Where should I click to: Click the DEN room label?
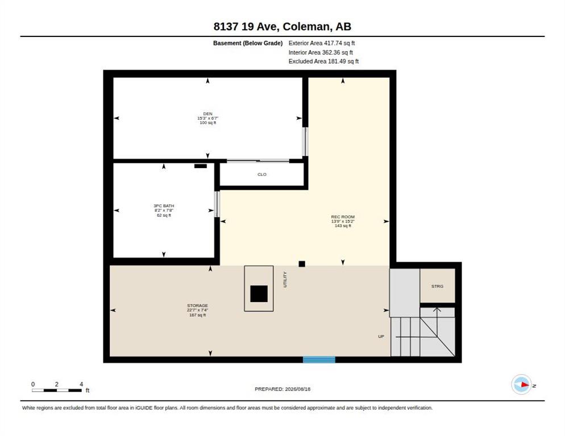point(207,114)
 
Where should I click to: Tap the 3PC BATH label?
point(164,206)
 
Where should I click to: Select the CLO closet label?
point(262,174)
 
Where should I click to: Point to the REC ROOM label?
point(343,217)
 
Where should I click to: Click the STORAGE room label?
point(197,305)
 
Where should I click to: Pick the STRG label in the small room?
point(438,286)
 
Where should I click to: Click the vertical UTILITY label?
point(285,279)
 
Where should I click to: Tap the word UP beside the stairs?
point(381,336)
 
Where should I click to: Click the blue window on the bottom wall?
point(319,359)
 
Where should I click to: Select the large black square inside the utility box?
point(259,294)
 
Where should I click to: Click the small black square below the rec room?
point(302,264)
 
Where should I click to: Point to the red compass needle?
point(525,385)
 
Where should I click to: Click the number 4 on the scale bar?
point(81,384)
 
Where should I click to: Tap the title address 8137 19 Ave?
point(245,26)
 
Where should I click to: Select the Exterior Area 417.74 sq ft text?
point(322,43)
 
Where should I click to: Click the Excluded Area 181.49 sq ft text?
point(323,61)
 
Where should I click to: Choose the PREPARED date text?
point(282,389)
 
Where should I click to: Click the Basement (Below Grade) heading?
point(248,43)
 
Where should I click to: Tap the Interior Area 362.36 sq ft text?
point(321,52)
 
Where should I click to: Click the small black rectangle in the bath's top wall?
point(201,166)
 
